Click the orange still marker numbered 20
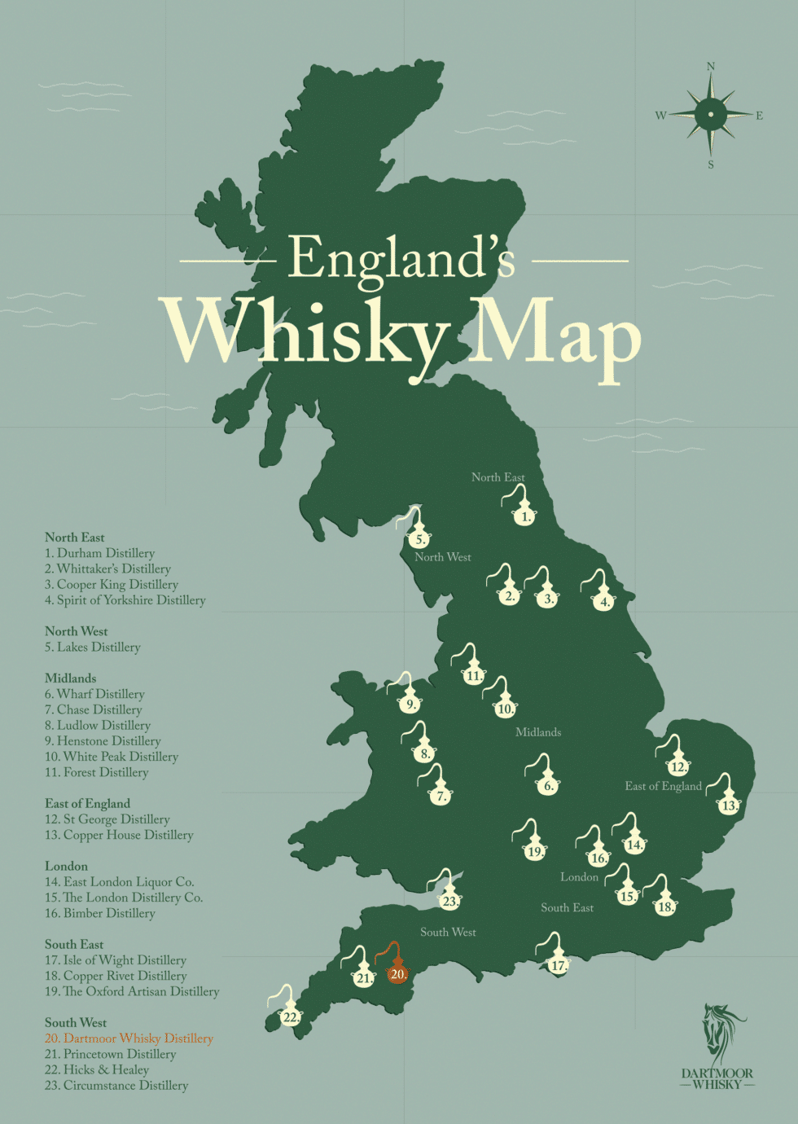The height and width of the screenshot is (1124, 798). point(397,972)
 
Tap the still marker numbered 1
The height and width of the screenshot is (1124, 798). point(525,514)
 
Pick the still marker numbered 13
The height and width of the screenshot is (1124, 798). point(729,803)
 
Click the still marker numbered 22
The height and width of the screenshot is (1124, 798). point(291,1015)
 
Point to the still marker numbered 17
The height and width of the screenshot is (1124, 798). point(558,964)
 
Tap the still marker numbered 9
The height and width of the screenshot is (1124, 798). point(410,702)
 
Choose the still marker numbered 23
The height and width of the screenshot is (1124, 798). point(450,899)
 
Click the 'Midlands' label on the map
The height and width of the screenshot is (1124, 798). point(538,732)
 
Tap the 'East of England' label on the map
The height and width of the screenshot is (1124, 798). point(663,786)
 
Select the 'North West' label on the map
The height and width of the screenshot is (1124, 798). point(442,557)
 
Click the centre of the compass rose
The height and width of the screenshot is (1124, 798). point(711,115)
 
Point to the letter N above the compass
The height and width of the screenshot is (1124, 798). point(711,67)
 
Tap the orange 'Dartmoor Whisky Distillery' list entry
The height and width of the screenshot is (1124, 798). point(129,1038)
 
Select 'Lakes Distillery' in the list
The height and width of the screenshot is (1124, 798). point(93,648)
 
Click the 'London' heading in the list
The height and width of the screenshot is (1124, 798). point(66,867)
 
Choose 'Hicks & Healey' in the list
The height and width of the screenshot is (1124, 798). point(97,1070)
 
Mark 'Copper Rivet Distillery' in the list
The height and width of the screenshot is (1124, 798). point(116,976)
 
